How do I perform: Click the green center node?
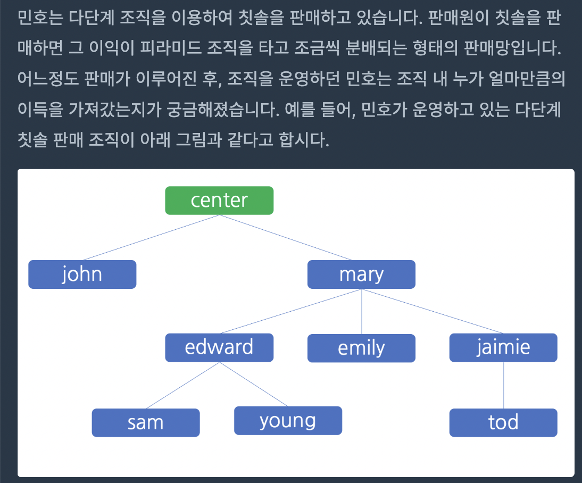coord(219,201)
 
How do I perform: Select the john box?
coord(82,274)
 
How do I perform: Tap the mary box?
coord(362,274)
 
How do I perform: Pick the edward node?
coord(219,347)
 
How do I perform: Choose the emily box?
coord(362,348)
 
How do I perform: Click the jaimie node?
coord(503,347)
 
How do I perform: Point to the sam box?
coord(146,422)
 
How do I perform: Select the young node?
coord(288,421)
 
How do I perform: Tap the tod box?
coord(503,422)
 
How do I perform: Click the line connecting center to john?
coord(152,238)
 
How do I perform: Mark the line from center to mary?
coord(286,238)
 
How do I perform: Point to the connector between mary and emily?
coord(362,312)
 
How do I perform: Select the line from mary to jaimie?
coord(433,311)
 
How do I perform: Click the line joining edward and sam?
coord(183,385)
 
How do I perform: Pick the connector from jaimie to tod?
coord(503,385)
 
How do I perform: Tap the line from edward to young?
coord(254,384)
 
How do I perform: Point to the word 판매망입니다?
coord(513,48)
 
